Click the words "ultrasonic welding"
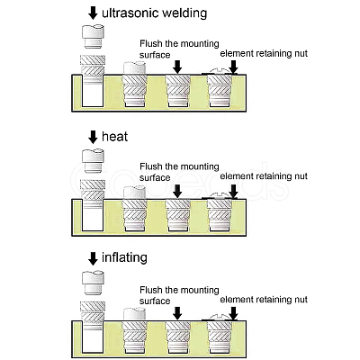tap(155, 13)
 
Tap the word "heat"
tap(114, 137)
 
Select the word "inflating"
tap(124, 258)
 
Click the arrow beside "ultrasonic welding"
tap(94, 13)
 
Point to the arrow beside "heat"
tap(94, 137)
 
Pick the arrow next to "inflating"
tap(94, 258)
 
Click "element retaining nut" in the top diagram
tap(264, 54)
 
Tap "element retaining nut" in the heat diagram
tap(264, 176)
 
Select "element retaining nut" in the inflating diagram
tap(264, 300)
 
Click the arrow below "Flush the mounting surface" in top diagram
tap(177, 67)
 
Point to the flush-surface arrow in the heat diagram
tap(177, 192)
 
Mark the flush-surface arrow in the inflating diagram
tap(177, 313)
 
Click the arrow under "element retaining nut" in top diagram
tap(233, 67)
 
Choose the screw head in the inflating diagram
tap(220, 318)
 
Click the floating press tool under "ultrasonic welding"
tap(93, 37)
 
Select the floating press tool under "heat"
tap(93, 161)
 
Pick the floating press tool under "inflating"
tap(93, 283)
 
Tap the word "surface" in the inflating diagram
tap(155, 301)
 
